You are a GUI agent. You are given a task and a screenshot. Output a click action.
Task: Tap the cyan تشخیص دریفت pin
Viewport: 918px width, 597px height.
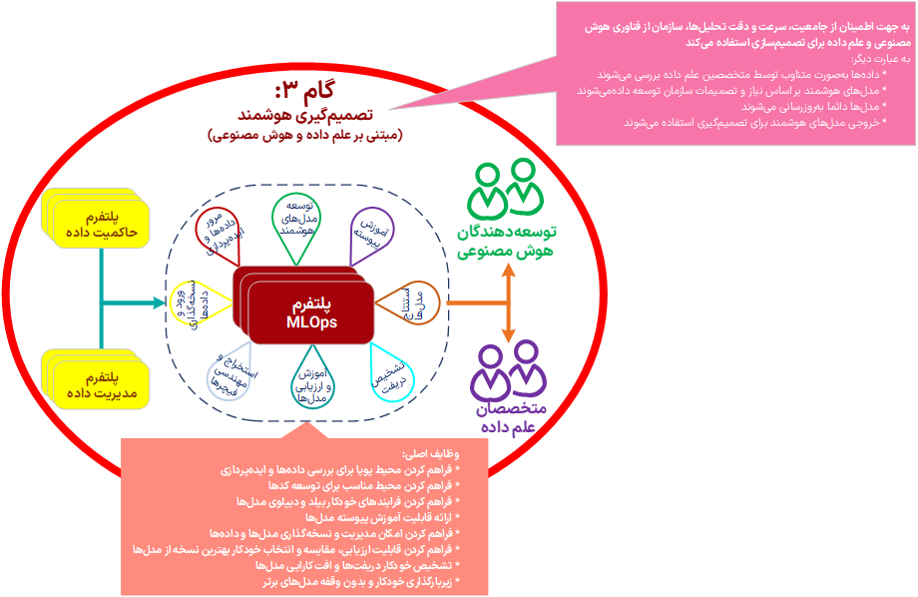[x=392, y=371]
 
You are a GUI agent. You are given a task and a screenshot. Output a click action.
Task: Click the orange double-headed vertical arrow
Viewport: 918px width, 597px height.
[x=509, y=301]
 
